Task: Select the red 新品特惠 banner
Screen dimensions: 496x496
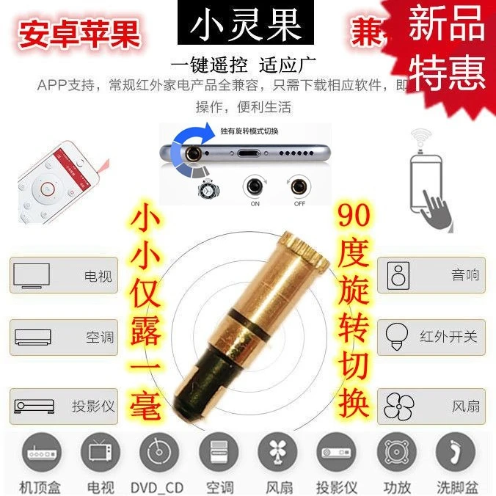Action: pos(447,51)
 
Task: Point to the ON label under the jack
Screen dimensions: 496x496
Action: pos(255,204)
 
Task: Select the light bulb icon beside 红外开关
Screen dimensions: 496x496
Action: pos(398,337)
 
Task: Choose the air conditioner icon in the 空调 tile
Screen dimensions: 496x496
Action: pos(32,338)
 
